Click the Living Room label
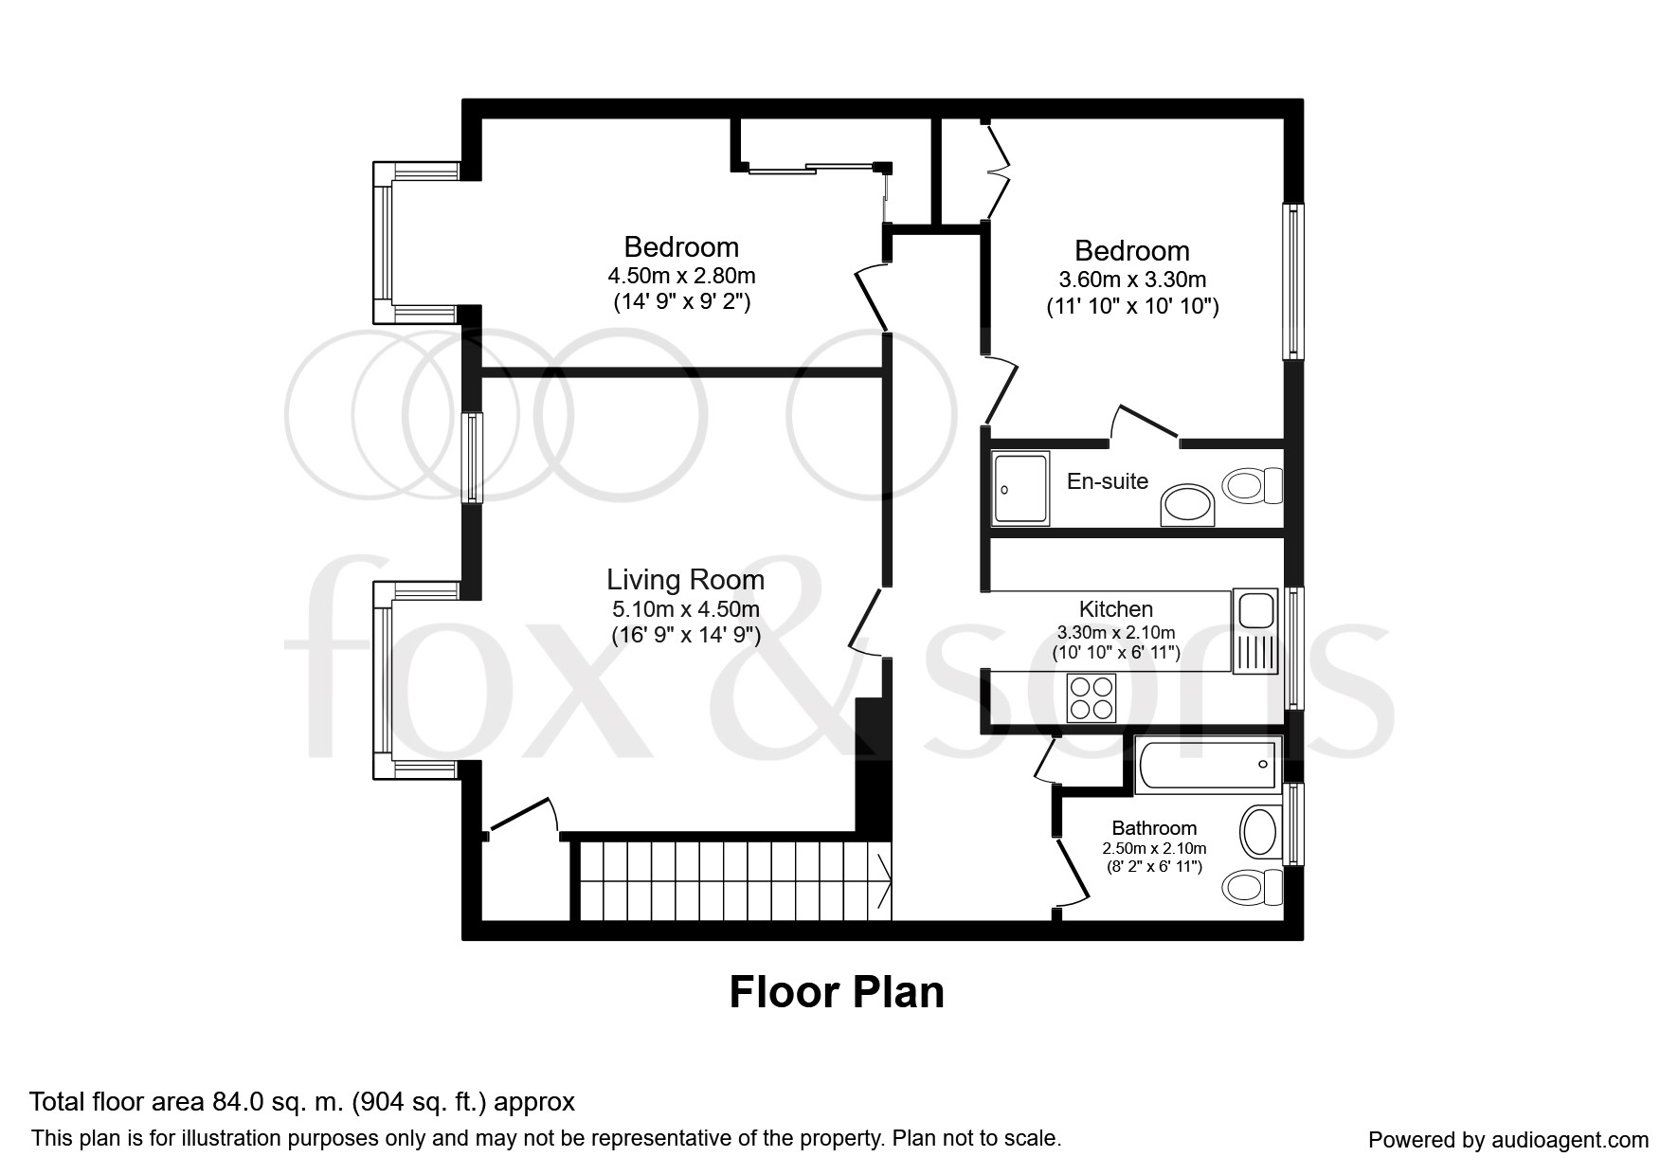pos(685,580)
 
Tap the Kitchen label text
pos(1116,609)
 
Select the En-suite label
pos(1108,481)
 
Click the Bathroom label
pos(1154,828)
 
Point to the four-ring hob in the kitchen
pos(1092,697)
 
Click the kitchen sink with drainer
pos(1256,630)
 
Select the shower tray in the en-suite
pos(1021,488)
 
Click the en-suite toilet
pos(1253,487)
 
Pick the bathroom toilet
pos(1253,888)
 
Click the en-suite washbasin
pos(1187,506)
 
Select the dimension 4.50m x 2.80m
pos(681,277)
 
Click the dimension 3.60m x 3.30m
pos(1132,280)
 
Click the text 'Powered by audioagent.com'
pos(1508,1140)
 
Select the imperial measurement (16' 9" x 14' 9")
pos(686,635)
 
